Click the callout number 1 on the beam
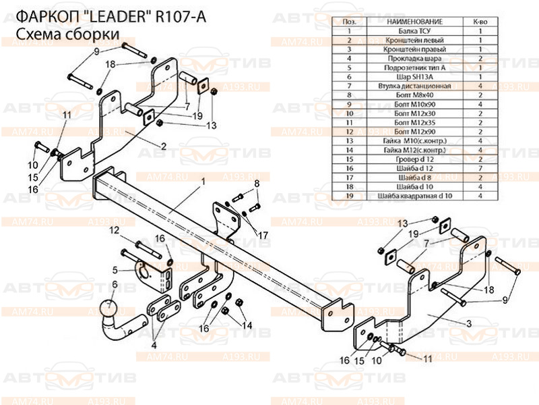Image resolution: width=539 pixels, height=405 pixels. coord(201,182)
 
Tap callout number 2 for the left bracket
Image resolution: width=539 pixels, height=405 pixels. coord(163,145)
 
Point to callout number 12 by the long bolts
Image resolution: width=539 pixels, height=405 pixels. coord(115,231)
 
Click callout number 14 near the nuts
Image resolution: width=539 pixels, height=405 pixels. coord(247,325)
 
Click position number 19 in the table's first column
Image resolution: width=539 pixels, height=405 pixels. coord(350,195)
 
